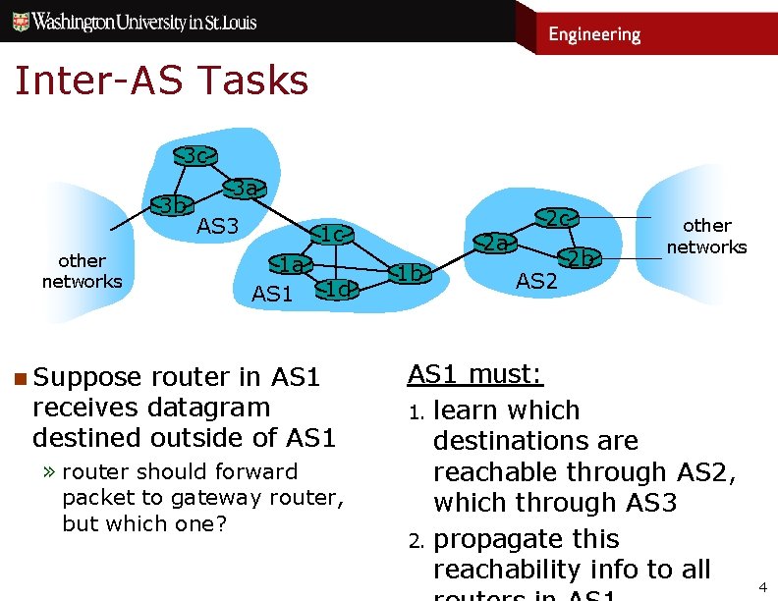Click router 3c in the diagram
[196, 155]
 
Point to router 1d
[337, 289]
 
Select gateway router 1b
[410, 273]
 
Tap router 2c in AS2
[559, 218]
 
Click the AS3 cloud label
[218, 227]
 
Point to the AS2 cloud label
[536, 282]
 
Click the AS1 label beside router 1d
[272, 293]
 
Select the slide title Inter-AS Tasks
[161, 81]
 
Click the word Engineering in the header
[594, 34]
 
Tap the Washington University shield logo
[19, 22]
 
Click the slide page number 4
[762, 586]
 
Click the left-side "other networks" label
[82, 271]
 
